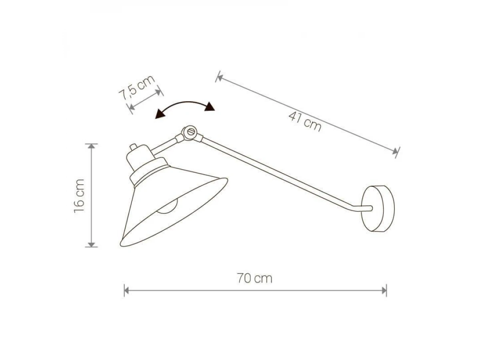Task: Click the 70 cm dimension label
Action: point(254,278)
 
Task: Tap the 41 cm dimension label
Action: point(305,121)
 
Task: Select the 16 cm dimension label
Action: point(79,196)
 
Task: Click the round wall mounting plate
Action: point(378,208)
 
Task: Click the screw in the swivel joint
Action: point(190,132)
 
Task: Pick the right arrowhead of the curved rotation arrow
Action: point(210,107)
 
